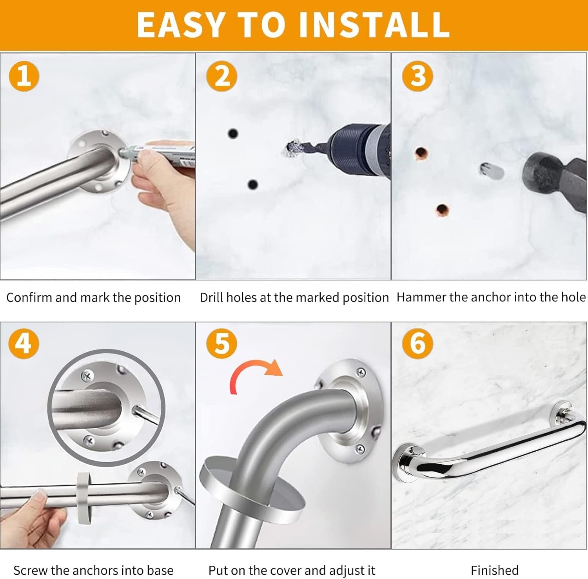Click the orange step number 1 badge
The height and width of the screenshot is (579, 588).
click(x=24, y=76)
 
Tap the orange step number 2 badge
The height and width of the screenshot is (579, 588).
click(x=222, y=76)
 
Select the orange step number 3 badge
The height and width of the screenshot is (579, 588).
click(x=418, y=76)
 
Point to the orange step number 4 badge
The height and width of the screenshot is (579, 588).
click(x=24, y=343)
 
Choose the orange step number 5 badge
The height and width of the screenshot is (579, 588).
click(x=222, y=343)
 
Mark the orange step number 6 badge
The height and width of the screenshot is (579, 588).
click(x=418, y=343)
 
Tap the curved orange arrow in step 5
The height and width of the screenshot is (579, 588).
click(x=255, y=374)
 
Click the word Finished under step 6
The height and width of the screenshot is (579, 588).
click(x=494, y=570)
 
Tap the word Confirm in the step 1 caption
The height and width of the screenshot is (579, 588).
click(x=29, y=297)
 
